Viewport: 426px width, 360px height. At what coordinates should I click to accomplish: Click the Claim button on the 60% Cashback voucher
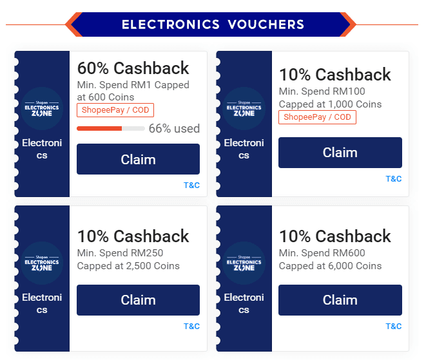tap(138, 159)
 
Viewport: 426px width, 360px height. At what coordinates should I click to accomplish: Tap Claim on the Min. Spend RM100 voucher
tap(340, 153)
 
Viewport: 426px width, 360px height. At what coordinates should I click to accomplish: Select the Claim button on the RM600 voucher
tap(340, 300)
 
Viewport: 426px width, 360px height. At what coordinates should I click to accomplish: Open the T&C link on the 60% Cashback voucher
tap(191, 185)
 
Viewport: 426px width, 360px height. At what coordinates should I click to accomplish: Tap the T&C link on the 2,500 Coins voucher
tap(191, 326)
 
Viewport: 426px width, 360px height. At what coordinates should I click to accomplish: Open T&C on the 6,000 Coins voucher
tap(394, 326)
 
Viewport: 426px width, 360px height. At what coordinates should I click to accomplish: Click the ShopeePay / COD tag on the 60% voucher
tap(115, 110)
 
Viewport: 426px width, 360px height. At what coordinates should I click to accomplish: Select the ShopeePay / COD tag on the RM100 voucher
tap(317, 117)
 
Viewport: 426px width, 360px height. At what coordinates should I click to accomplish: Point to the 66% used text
tap(174, 128)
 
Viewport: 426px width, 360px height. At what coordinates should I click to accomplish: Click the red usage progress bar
tap(99, 128)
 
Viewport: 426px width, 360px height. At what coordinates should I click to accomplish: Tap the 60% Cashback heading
tap(133, 68)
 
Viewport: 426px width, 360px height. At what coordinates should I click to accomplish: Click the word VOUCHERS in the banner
tap(266, 24)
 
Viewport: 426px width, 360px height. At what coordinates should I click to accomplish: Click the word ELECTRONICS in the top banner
tap(171, 24)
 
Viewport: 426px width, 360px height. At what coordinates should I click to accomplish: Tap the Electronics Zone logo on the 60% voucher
tap(42, 108)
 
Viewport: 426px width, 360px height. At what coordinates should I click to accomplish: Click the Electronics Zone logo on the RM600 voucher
tap(244, 263)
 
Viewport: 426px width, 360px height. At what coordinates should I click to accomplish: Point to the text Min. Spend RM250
tap(120, 253)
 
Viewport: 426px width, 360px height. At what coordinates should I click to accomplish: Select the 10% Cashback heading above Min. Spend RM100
tap(334, 75)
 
